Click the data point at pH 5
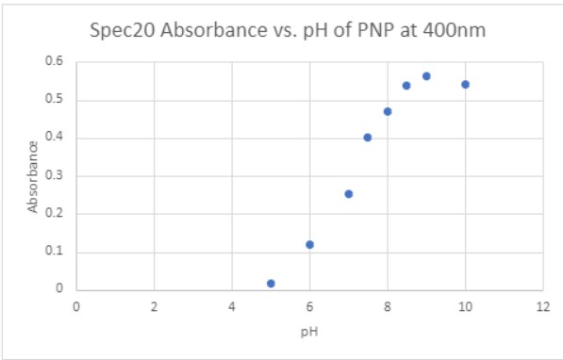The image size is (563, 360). pyautogui.click(x=271, y=283)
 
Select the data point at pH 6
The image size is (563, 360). pyautogui.click(x=309, y=244)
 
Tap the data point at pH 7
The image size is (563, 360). pyautogui.click(x=348, y=193)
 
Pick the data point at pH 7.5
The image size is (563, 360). pyautogui.click(x=368, y=137)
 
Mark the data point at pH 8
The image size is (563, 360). pyautogui.click(x=388, y=111)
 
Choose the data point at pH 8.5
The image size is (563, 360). pyautogui.click(x=406, y=85)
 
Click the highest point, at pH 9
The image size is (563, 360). pyautogui.click(x=426, y=75)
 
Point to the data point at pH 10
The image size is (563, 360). pyautogui.click(x=465, y=84)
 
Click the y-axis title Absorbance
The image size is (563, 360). pyautogui.click(x=33, y=175)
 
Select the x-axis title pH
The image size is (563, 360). pyautogui.click(x=308, y=332)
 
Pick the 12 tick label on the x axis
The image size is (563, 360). pyautogui.click(x=541, y=305)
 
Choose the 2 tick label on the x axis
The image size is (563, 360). pyautogui.click(x=154, y=305)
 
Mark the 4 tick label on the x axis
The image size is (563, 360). pyautogui.click(x=231, y=305)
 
